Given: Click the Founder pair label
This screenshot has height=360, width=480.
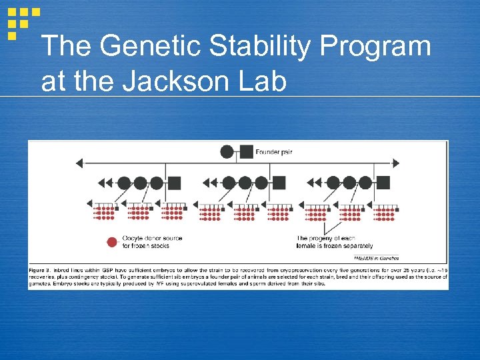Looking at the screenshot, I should coord(274,153).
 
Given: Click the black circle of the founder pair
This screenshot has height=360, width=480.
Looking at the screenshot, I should coord(227,152).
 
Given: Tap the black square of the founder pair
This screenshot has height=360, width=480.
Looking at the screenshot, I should coord(246,152).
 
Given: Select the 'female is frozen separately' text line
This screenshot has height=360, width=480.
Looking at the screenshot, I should coord(335,246).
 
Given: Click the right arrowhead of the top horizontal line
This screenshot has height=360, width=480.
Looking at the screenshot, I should coord(396,163).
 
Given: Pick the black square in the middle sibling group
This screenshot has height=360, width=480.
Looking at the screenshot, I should coord(279,182).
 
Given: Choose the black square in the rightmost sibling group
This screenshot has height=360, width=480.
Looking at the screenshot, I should coord(383,182).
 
